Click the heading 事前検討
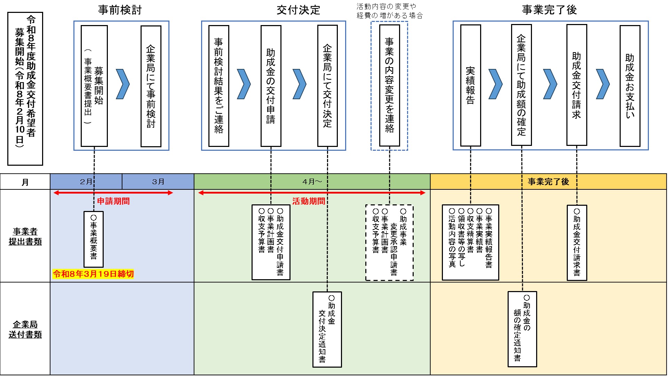tap(120, 10)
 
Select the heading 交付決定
tap(298, 10)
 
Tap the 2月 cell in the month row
tap(86, 181)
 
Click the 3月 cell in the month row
tap(158, 181)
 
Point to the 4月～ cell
tap(312, 181)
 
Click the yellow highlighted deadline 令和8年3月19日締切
tap(93, 274)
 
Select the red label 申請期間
tap(113, 201)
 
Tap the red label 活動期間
tap(308, 201)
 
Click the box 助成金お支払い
tap(630, 86)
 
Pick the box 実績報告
tap(470, 86)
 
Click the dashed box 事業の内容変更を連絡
tap(389, 86)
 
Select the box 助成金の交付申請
tap(271, 86)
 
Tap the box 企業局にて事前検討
tap(151, 86)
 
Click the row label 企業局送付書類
tap(25, 329)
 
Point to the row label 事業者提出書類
tap(25, 236)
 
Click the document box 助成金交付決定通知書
tap(327, 329)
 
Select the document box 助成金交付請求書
tap(577, 243)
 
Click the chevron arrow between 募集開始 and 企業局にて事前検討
tap(122, 84)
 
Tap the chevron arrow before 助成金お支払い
tap(603, 84)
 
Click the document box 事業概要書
tap(94, 239)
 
